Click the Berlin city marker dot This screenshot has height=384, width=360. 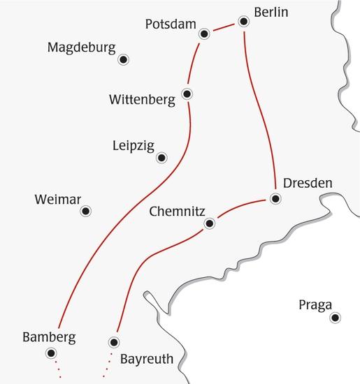coord(244,22)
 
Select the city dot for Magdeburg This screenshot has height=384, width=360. coord(124,59)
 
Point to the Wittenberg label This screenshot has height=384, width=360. coord(142,100)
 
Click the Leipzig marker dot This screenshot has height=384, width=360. coord(162,158)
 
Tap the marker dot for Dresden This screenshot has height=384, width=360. coord(275,199)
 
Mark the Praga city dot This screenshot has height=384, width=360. coord(336,318)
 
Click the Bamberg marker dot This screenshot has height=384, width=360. coord(52,353)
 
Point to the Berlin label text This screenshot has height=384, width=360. coord(271,13)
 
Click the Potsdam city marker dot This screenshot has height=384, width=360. coord(205,34)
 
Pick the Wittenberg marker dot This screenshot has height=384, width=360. coord(186,93)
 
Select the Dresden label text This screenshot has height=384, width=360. coord(308,184)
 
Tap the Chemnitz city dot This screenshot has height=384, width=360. coord(208,224)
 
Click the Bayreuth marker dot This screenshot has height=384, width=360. coord(114,342)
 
